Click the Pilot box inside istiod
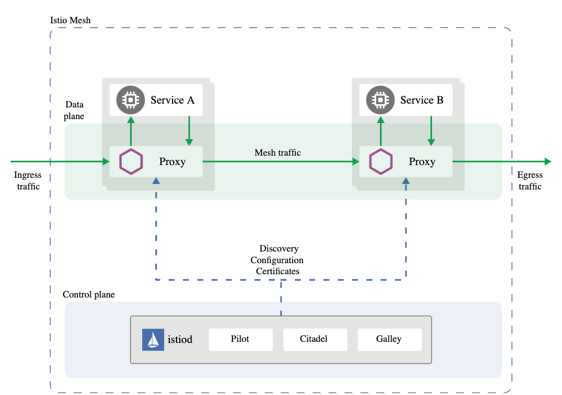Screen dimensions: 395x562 click(240, 339)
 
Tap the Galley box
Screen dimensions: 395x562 click(389, 339)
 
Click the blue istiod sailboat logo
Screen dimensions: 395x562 click(153, 340)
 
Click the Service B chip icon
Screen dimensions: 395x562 click(380, 100)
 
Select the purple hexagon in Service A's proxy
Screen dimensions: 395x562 click(131, 162)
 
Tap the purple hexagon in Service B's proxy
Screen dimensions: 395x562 click(381, 162)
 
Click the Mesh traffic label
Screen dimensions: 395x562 click(278, 152)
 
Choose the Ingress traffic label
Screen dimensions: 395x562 click(28, 181)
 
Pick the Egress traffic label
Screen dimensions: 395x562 click(530, 181)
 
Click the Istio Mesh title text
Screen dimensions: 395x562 click(70, 20)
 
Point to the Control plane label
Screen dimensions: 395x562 click(89, 295)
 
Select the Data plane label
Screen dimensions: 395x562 click(75, 110)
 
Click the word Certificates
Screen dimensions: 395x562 click(278, 271)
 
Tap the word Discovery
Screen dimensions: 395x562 click(279, 249)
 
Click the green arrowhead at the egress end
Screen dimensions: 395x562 click(548, 162)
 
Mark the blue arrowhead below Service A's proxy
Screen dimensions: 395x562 click(157, 181)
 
